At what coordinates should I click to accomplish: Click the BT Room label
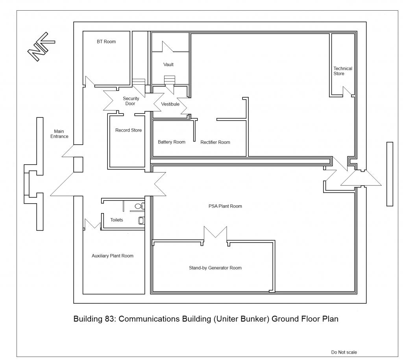pos(106,42)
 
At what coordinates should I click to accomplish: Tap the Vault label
pos(168,65)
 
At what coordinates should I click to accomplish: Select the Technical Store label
pos(343,71)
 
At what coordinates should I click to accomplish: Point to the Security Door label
pos(131,101)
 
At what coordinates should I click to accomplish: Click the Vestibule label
pos(170,104)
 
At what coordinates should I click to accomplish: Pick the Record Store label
pos(129,130)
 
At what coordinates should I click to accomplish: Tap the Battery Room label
pos(172,142)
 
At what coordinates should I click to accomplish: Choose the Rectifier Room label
pos(215,142)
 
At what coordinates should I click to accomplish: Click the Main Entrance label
pos(59,134)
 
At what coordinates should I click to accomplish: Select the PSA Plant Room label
pos(225,206)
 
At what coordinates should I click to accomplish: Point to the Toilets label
pos(116,220)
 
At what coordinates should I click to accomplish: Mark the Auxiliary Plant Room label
pos(113,256)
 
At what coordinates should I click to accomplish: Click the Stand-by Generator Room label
pos(215,268)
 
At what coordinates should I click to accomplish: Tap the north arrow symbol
pos(41,46)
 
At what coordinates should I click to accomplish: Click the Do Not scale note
pos(344,352)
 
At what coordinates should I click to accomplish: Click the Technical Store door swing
pos(348,92)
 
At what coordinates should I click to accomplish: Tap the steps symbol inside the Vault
pos(169,80)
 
